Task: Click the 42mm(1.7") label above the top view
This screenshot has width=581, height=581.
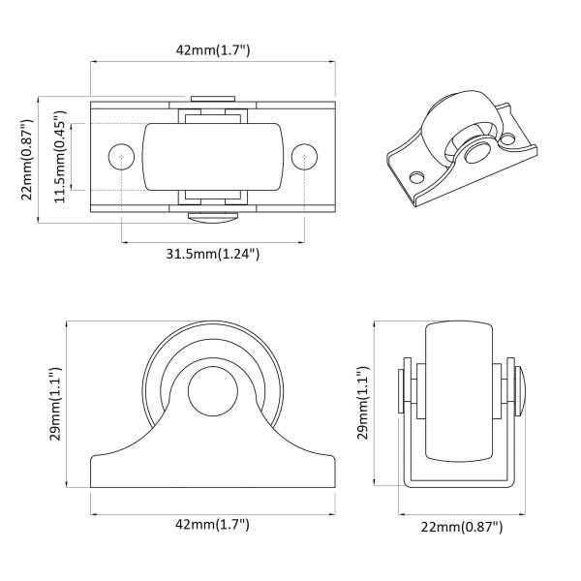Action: coord(213,49)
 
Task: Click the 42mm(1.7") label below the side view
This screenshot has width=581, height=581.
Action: coord(212,524)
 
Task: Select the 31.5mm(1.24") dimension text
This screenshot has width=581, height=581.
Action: coord(212,254)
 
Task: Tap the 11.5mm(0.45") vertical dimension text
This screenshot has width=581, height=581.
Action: coord(60,156)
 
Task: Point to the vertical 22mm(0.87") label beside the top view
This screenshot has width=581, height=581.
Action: coord(27,160)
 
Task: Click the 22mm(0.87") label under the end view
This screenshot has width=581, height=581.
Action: coord(462,527)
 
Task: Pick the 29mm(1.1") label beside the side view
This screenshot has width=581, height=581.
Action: coord(55,404)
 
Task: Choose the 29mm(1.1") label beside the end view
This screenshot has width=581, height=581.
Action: coord(363,403)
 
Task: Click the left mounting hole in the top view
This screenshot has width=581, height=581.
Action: coord(121,157)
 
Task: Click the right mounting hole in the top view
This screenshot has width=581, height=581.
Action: coord(304,157)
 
